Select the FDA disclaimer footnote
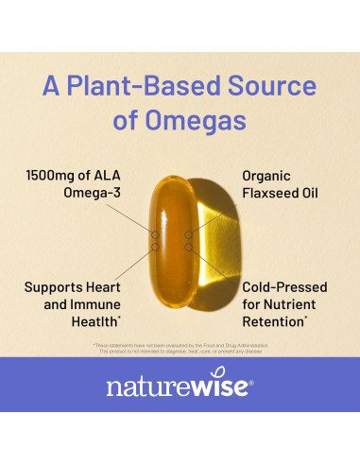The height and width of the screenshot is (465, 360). [180, 348]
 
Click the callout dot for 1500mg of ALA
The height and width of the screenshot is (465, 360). [155, 233]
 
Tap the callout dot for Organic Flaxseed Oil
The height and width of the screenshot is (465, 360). [189, 233]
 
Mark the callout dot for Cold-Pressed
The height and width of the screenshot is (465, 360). [189, 248]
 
